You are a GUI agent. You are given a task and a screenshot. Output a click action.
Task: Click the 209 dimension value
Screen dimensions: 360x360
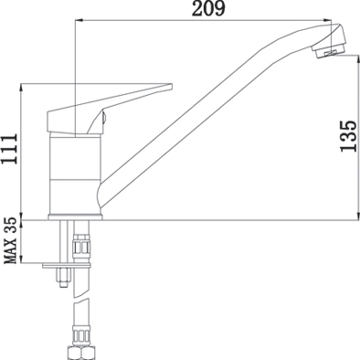[209, 9]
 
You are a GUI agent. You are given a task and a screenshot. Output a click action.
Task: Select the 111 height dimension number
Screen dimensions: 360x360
[9, 149]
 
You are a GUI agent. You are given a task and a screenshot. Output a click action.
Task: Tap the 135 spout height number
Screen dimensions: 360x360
[348, 136]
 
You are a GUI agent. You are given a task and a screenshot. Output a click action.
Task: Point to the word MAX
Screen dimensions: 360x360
[11, 251]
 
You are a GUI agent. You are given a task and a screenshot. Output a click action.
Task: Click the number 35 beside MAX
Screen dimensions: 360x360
[11, 225]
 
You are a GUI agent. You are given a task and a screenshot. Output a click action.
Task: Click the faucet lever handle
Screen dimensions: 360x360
[110, 108]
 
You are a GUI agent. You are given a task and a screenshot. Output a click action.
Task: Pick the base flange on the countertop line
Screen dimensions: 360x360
[75, 217]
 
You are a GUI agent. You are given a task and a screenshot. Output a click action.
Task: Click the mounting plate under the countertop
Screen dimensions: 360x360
[67, 266]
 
